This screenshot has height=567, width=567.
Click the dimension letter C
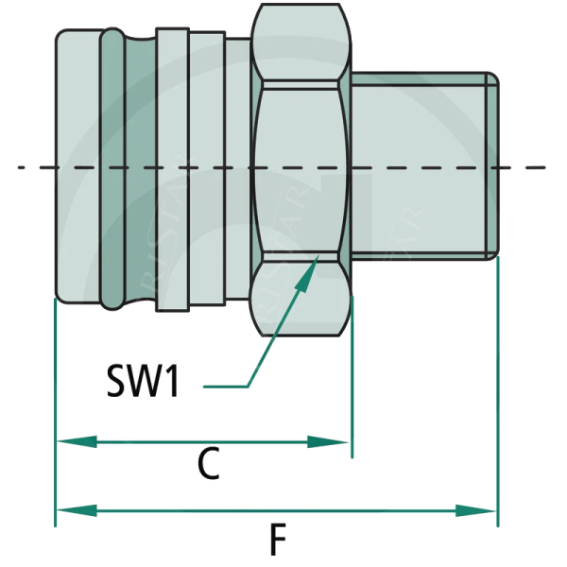click(x=209, y=464)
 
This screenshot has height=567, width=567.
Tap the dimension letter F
click(x=277, y=541)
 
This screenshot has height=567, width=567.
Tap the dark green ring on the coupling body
click(x=111, y=170)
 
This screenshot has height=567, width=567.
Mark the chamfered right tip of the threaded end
click(x=492, y=165)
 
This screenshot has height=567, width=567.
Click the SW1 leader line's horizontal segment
click(x=227, y=386)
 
